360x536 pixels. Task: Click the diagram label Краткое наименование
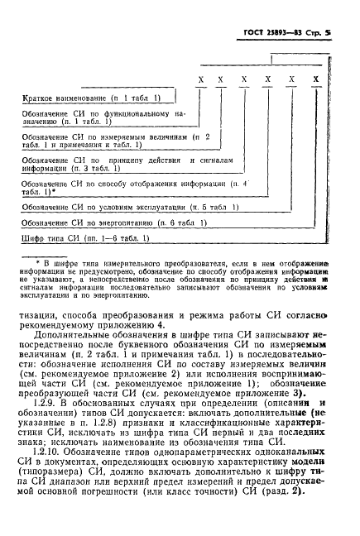64,99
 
